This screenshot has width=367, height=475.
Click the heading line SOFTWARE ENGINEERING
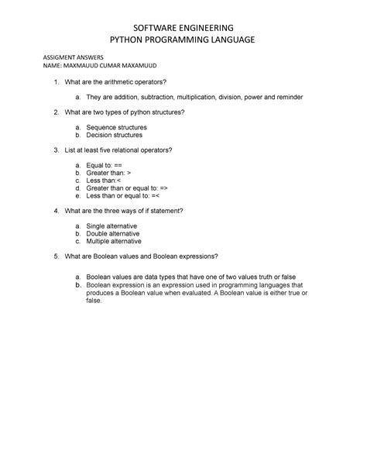(183, 29)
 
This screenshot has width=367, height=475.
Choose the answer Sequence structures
(116, 127)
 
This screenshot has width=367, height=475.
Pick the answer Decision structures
(115, 135)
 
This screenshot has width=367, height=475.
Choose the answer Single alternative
(113, 225)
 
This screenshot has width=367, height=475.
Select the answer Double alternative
(115, 232)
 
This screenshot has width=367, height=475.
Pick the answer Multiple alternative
(116, 240)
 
